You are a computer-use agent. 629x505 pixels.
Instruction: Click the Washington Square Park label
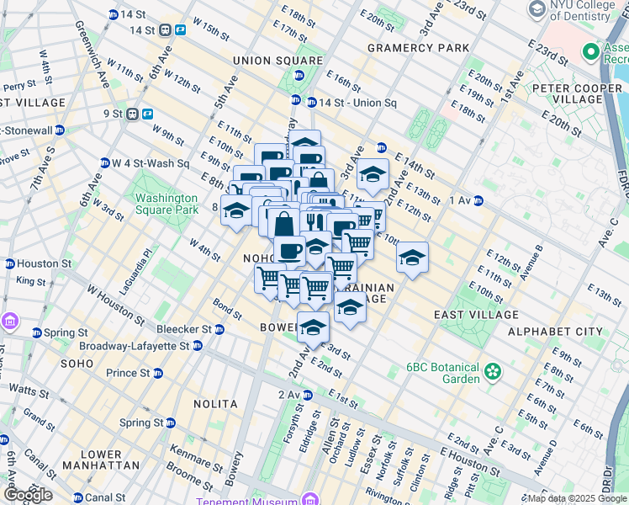(x=166, y=204)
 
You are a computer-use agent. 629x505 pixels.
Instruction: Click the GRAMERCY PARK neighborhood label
(x=418, y=48)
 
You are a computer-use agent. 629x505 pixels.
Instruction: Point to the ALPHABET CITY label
(x=555, y=332)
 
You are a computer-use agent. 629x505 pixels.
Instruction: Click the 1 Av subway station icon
(x=478, y=200)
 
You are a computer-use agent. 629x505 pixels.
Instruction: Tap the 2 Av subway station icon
(x=308, y=395)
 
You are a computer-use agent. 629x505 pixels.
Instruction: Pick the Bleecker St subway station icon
(x=219, y=329)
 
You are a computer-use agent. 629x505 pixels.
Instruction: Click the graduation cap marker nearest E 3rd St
(x=313, y=327)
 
